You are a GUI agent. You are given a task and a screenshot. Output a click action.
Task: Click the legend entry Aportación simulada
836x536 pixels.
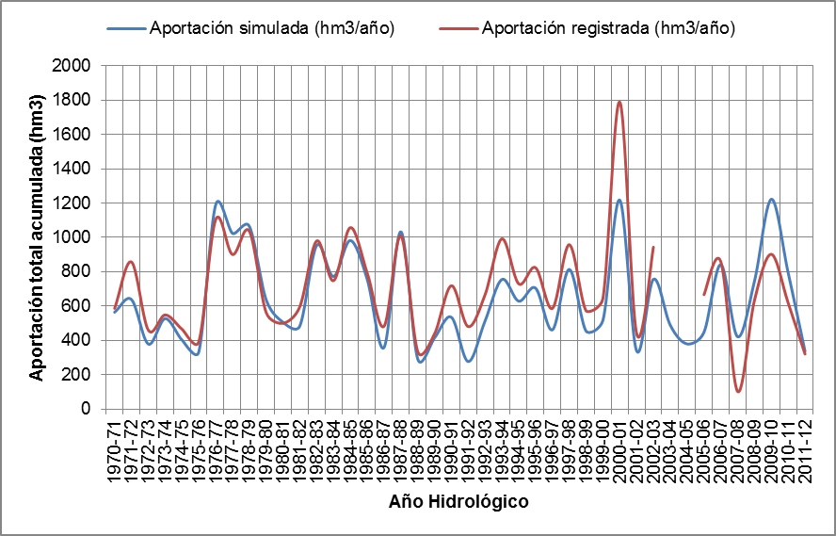coord(271,27)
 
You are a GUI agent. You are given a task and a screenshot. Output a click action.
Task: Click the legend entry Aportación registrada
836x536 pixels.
coord(606,27)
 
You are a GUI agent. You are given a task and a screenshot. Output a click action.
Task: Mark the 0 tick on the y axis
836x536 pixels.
coord(86,409)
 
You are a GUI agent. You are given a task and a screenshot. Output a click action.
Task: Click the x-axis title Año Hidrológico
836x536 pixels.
coord(458,501)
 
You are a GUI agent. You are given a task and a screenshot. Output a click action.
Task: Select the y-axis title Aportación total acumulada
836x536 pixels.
coord(37,237)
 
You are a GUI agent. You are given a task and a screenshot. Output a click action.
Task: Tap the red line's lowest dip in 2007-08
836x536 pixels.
coord(739,391)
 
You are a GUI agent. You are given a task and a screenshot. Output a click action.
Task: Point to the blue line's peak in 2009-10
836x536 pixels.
coord(772,200)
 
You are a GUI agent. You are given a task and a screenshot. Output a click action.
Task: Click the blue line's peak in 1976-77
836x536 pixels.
coord(217,202)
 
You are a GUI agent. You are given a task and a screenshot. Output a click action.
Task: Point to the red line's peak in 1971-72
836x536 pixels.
coord(131,262)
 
